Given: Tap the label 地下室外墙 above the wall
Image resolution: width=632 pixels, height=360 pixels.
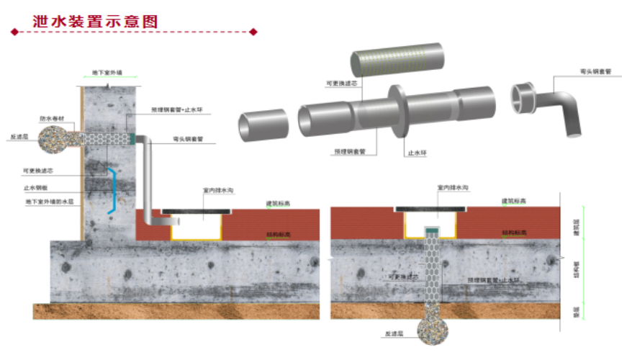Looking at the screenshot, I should tap(107, 73).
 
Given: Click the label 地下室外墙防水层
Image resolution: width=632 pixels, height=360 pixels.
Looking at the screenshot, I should tap(50, 202).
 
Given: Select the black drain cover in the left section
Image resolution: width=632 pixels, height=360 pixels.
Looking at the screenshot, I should tap(196, 211).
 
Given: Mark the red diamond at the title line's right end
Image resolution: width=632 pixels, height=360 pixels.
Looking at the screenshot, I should tap(253, 32).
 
